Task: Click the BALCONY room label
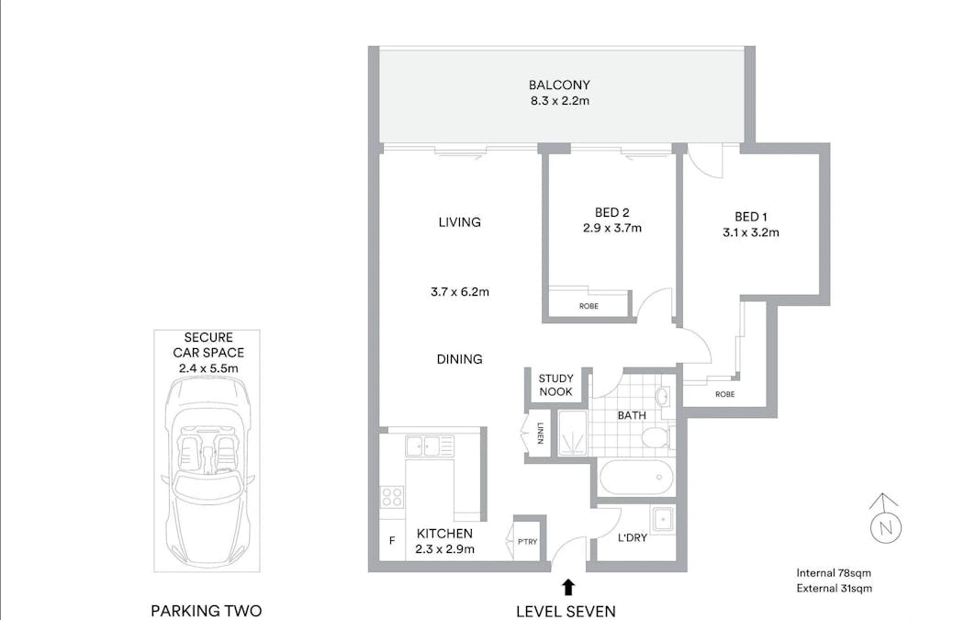pyautogui.click(x=558, y=85)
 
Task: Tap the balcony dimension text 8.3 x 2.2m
pyautogui.click(x=558, y=101)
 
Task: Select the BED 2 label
pyautogui.click(x=611, y=213)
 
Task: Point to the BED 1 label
pyautogui.click(x=750, y=217)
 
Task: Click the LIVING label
pyautogui.click(x=459, y=222)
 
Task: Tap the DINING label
pyautogui.click(x=459, y=359)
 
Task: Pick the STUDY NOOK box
pyautogui.click(x=555, y=385)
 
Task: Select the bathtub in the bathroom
pyautogui.click(x=634, y=478)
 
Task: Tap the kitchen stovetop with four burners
pyautogui.click(x=392, y=497)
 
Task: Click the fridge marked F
pyautogui.click(x=392, y=541)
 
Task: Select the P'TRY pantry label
pyautogui.click(x=527, y=543)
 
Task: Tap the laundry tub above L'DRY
pyautogui.click(x=662, y=518)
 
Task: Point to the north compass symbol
pyautogui.click(x=886, y=523)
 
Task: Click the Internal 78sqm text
pyautogui.click(x=834, y=573)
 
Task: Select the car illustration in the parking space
pyautogui.click(x=207, y=475)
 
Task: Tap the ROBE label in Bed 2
pyautogui.click(x=589, y=306)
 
